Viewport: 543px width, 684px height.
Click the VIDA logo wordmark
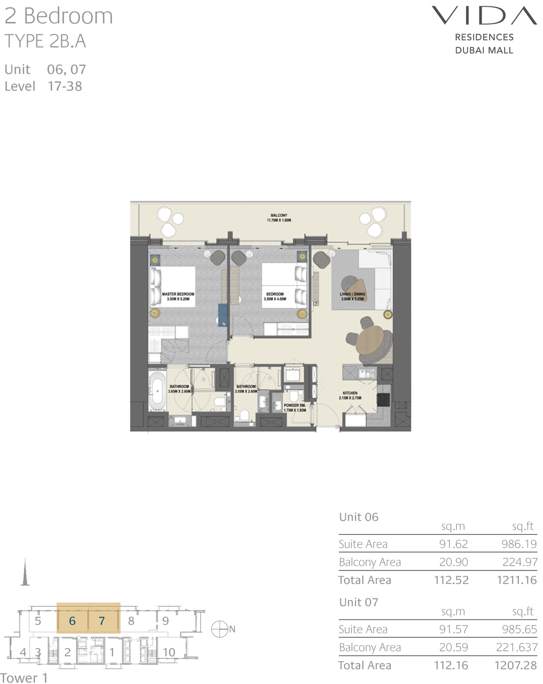[x=484, y=16]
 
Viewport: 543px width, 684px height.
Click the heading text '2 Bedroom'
[x=59, y=16]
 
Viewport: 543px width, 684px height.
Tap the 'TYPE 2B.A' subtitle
[x=45, y=41]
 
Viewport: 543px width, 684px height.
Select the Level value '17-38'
[x=65, y=86]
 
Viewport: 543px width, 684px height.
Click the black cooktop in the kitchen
[x=383, y=399]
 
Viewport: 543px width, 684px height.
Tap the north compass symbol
[x=220, y=629]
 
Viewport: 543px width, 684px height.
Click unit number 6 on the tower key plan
[x=72, y=621]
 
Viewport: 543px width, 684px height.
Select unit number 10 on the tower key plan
[x=169, y=652]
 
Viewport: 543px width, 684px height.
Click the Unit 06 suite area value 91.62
[x=453, y=544]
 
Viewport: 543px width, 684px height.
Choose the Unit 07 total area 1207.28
[x=515, y=665]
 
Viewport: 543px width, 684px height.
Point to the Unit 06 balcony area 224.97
[x=520, y=562]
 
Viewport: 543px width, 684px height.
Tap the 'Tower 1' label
[x=24, y=678]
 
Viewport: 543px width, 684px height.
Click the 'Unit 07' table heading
[x=359, y=602]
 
